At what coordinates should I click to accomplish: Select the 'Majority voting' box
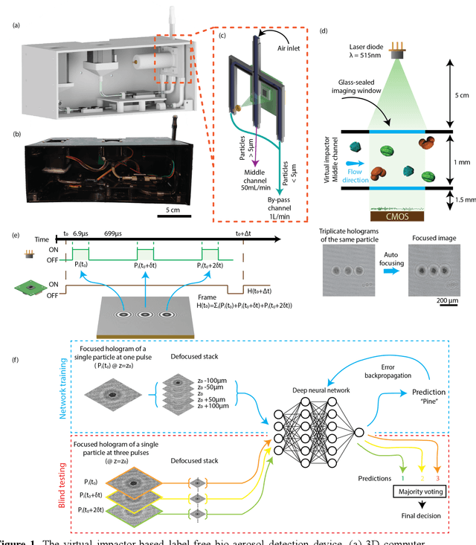coord(422,491)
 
